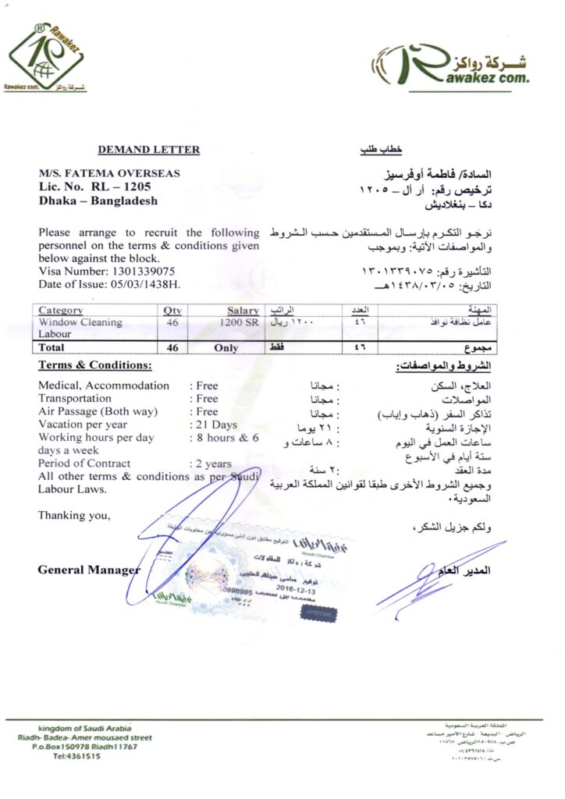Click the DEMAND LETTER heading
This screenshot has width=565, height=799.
[148, 150]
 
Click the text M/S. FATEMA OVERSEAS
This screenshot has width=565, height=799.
[108, 173]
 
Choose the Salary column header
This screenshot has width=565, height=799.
[243, 311]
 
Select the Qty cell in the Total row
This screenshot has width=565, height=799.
[172, 347]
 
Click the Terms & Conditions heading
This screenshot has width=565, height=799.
[95, 365]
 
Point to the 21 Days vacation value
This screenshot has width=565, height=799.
[214, 424]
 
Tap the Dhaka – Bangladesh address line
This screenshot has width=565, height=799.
[98, 201]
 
